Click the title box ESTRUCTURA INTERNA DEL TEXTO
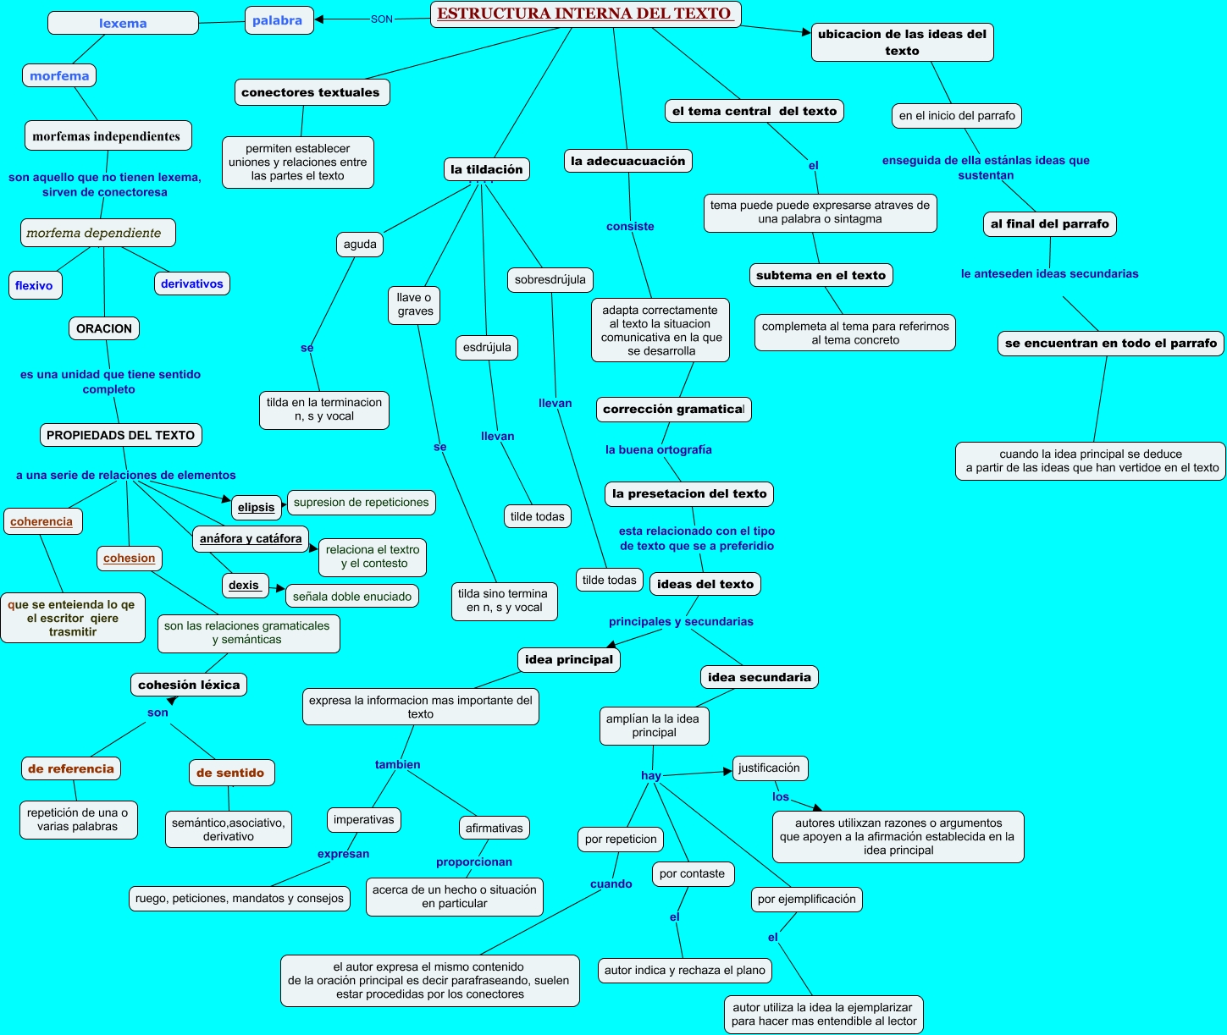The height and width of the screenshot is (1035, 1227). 585,14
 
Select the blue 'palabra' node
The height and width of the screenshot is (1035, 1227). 278,20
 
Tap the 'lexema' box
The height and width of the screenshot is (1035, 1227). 123,24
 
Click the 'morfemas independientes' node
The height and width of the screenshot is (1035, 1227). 107,136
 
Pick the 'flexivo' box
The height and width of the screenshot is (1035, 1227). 34,285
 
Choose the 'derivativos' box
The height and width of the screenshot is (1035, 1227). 192,284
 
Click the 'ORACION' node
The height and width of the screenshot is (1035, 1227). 104,328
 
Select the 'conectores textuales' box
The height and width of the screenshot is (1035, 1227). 311,92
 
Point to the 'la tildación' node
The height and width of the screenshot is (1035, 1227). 487,169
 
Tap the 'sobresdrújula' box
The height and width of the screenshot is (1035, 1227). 550,279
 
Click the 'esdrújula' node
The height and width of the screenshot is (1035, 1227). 487,347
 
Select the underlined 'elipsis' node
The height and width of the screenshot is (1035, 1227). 257,507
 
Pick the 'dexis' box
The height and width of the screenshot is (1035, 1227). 244,585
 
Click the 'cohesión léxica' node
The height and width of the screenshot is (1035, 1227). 189,685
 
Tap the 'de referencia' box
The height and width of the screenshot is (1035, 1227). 71,768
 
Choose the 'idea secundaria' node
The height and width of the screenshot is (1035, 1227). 760,677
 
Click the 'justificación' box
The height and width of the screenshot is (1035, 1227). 769,768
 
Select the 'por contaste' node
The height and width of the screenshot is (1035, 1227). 693,873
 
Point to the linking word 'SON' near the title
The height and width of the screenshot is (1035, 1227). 382,19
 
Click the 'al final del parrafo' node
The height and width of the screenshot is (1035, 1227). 1050,223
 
